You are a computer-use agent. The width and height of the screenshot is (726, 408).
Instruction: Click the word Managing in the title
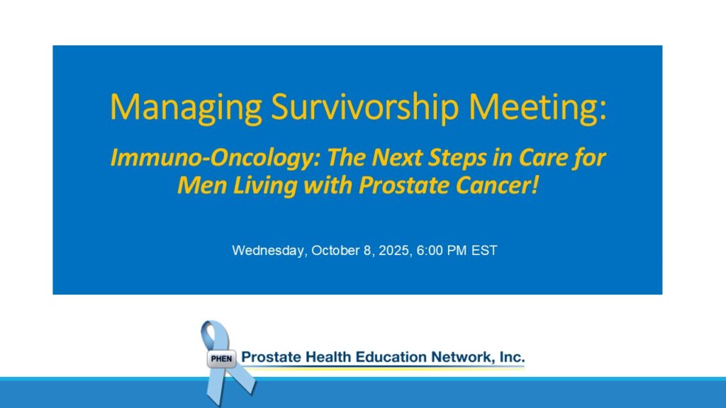click(x=186, y=108)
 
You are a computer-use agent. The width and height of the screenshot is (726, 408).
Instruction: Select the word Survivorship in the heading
click(x=365, y=108)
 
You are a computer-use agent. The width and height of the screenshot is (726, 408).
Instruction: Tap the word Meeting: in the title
click(x=537, y=108)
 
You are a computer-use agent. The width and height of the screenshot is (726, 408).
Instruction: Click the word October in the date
click(x=335, y=250)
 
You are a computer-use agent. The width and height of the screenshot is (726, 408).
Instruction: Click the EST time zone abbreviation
click(x=484, y=250)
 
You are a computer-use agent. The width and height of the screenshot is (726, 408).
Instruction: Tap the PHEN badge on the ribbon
click(x=221, y=358)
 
